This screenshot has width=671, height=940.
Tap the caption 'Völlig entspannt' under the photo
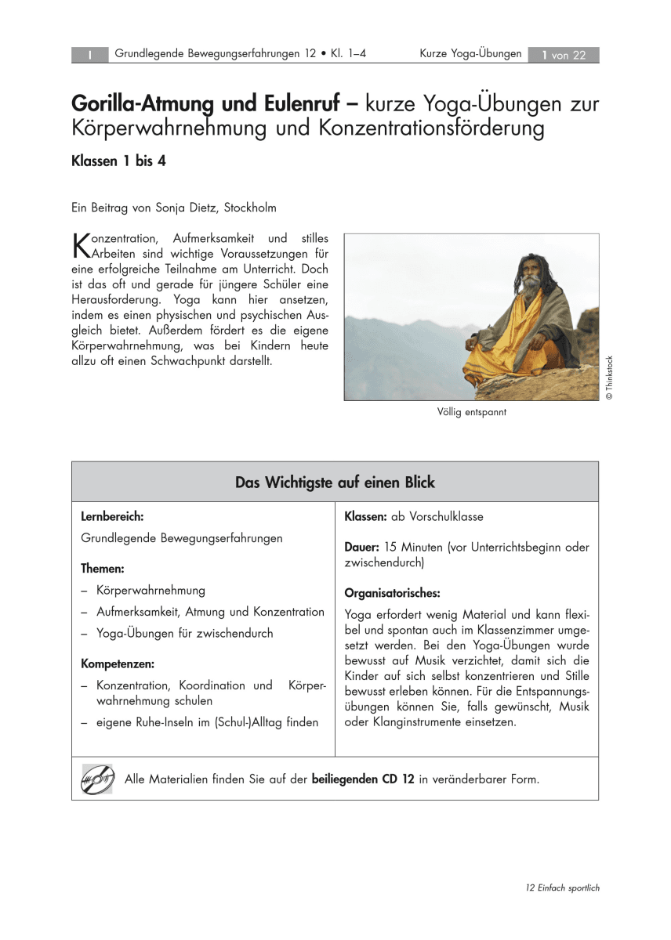coord(472,411)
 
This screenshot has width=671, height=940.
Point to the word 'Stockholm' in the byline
coord(250,208)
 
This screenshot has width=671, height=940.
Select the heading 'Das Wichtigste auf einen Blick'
coord(335,483)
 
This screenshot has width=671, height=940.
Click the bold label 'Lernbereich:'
coord(112,517)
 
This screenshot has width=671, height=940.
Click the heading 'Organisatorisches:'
coord(392,592)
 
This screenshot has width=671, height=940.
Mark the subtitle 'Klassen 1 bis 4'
coord(119,161)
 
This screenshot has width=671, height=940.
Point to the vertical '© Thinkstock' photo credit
coord(608,378)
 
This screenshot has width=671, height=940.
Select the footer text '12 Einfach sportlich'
coord(563,888)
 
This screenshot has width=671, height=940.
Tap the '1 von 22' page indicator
coord(564,55)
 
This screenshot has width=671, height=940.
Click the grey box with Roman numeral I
coord(90,55)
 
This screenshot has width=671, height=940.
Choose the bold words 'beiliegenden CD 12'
coord(363,779)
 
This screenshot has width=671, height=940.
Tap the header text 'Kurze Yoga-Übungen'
coord(470,54)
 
